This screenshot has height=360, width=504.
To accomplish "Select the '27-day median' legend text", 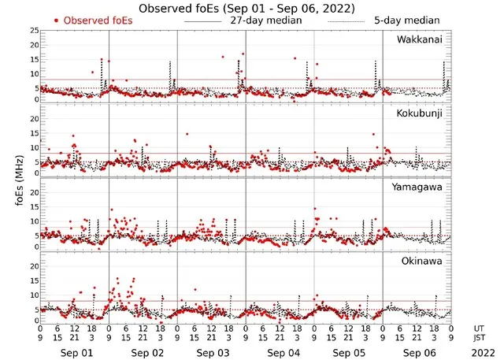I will pos(267,20).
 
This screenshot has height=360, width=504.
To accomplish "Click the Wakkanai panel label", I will pos(419,40).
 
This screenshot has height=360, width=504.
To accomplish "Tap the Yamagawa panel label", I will pos(418,187).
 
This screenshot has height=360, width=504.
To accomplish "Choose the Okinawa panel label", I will pos(421,260).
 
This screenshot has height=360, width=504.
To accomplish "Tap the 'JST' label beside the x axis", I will pos(480,339).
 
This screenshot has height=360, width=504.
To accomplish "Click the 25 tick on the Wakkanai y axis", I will pos(32,31).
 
